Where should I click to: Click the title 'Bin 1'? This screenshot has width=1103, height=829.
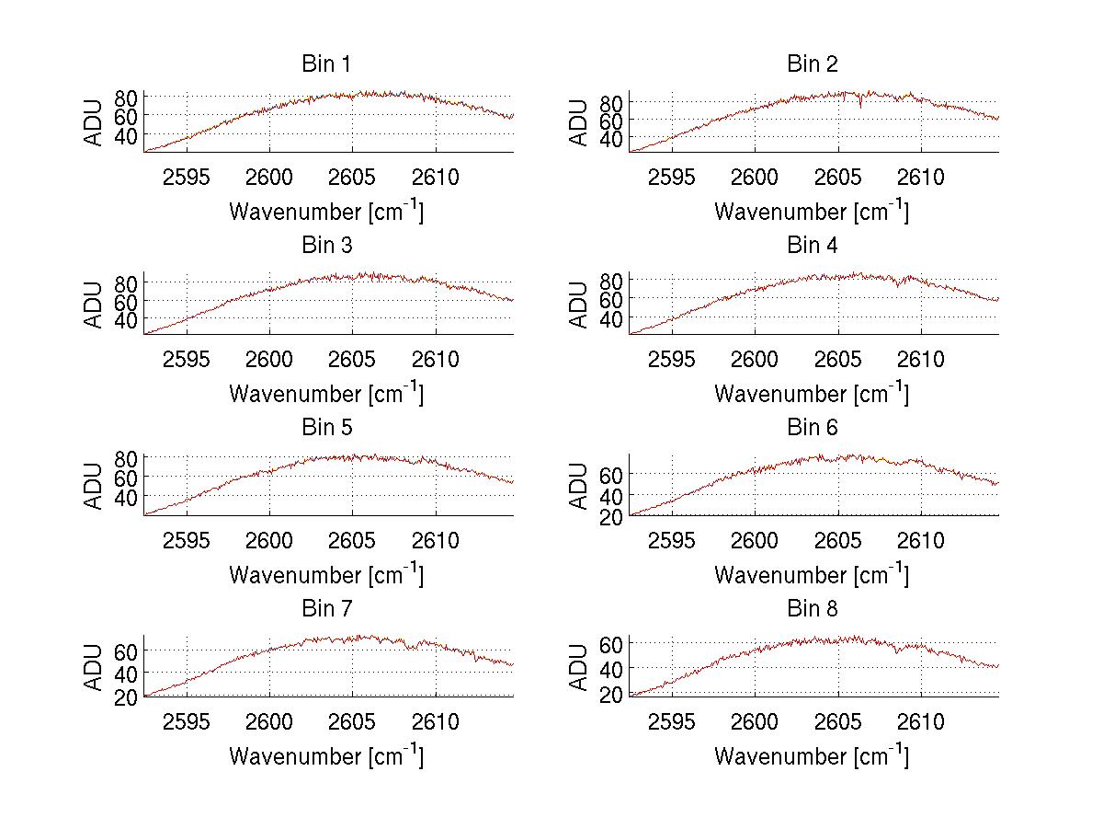coord(326,64)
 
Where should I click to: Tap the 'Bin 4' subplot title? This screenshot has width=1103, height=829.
coord(813,246)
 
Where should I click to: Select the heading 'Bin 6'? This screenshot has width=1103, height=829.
coord(813,428)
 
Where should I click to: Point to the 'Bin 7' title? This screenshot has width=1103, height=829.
coord(326,609)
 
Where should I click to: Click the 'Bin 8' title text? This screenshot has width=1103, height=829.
coord(813,609)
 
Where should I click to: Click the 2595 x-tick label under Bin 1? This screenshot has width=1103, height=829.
coord(187,177)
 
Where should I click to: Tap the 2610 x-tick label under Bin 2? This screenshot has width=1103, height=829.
coord(921,177)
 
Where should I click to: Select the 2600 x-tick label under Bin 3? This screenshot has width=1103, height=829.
coord(270,358)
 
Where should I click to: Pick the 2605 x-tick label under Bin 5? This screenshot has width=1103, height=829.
coord(352,540)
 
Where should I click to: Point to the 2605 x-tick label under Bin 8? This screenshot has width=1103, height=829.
coord(838,721)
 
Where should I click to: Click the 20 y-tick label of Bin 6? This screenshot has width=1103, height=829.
coord(610,517)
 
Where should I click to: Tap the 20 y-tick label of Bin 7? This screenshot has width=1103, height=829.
coord(126,697)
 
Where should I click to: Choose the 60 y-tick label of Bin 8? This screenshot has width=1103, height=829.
coord(610,642)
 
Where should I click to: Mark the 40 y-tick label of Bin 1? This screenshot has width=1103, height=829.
coord(126,134)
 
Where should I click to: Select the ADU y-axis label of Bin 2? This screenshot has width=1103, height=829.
coord(579,123)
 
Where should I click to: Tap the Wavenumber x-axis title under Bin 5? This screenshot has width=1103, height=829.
coord(326,575)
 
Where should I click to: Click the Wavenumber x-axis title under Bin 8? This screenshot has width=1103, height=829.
coord(813,756)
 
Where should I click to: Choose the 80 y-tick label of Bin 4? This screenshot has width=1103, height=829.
coord(610,280)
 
